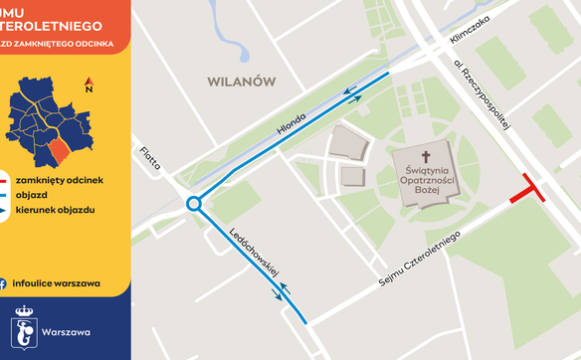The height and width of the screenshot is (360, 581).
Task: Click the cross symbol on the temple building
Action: pos(427,156)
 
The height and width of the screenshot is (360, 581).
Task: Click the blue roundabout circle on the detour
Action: pos(194,204)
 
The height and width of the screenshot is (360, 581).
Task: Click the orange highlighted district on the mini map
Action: pos(60,152)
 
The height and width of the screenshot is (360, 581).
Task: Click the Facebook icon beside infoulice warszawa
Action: pos(4,282)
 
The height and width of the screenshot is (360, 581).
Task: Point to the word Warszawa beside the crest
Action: pos(67,330)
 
